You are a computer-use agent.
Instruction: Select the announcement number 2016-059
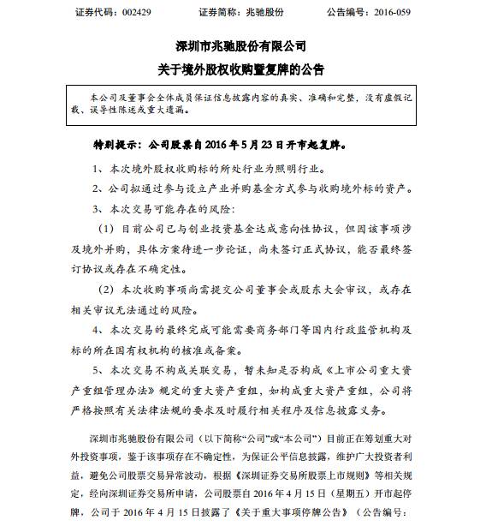tap(412, 12)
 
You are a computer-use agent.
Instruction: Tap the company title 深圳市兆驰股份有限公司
tap(240, 45)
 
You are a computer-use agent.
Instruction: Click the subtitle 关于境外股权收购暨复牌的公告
tap(240, 67)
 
